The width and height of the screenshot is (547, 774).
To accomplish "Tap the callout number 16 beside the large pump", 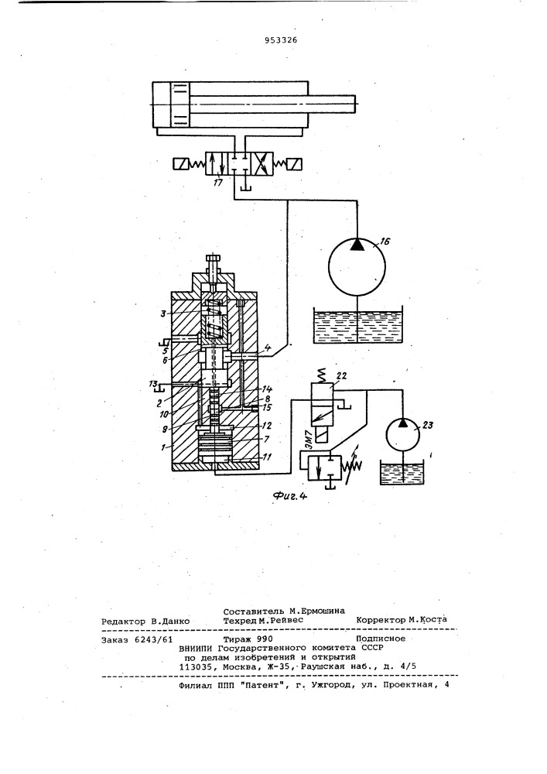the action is coord(385,241).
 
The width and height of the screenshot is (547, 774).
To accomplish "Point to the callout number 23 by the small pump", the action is coord(428,425).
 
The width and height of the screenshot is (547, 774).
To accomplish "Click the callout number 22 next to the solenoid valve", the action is coord(341,375).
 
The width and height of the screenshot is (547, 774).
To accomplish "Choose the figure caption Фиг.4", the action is coord(290,497).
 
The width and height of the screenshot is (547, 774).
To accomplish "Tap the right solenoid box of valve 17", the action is coord(296,163).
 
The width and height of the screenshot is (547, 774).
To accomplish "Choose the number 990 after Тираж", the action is coord(258,639).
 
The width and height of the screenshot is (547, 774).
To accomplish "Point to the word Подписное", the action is coord(381,639).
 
